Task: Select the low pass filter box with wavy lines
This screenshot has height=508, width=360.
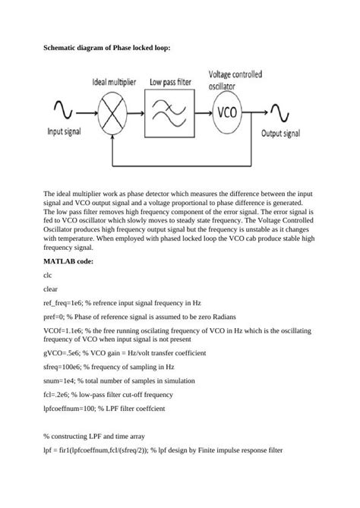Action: click(172, 114)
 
